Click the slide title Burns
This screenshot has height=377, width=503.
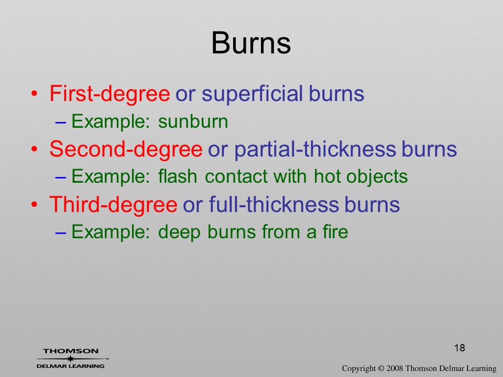pos(251,43)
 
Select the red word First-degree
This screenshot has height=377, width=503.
pos(110,94)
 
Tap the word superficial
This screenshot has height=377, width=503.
pos(252,94)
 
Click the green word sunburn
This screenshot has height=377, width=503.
pos(193,121)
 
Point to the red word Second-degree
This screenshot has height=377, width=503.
pos(126,149)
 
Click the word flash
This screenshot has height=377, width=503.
pos(178,176)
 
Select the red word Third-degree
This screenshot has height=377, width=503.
pos(113,205)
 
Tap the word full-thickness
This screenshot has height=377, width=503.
pos(274,205)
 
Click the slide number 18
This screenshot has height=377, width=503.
pos(460,348)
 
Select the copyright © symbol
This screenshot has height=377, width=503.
pos(381,369)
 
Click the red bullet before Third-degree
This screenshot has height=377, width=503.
pos(35,205)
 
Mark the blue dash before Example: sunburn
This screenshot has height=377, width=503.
pos(61,122)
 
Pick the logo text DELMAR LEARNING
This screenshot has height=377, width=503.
pos(71,366)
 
